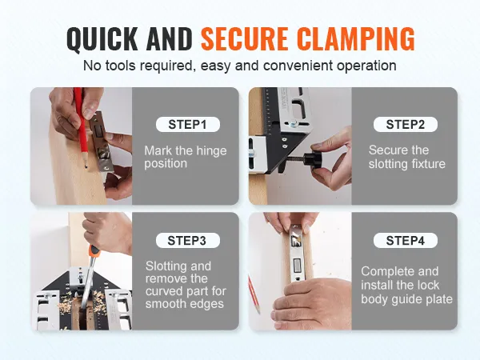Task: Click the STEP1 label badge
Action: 188,125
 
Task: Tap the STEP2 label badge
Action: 406,125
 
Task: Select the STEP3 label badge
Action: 188,241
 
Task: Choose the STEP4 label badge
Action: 406,241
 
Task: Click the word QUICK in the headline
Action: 102,39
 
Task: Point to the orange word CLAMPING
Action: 356,38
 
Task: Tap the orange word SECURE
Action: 244,38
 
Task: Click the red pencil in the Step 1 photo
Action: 81,127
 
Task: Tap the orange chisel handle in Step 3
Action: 94,253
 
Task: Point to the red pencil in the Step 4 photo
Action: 254,294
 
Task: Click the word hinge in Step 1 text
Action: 211,151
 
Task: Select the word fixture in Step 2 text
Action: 429,164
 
